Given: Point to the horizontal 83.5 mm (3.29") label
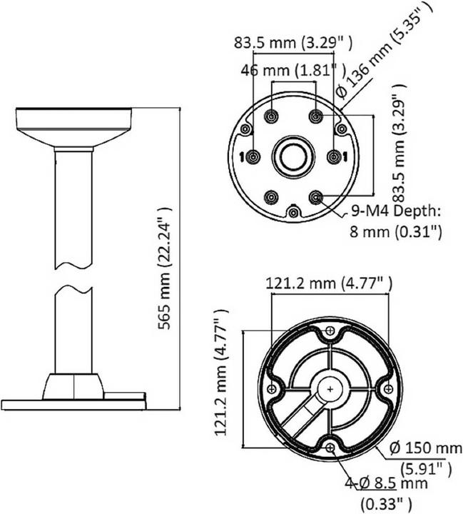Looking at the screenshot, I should [x=292, y=42].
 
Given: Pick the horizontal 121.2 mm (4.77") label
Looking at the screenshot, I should [x=329, y=283].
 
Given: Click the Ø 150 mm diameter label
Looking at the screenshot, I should [x=425, y=448].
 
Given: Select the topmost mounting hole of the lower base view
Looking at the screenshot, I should [x=330, y=332].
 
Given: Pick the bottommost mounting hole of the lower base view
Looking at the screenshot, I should [x=331, y=448].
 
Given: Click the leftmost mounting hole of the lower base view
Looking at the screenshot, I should [x=272, y=388].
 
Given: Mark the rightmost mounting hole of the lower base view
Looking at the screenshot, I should [x=388, y=388].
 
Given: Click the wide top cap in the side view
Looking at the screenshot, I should [x=73, y=124].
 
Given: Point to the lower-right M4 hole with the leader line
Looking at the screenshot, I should [x=315, y=197].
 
